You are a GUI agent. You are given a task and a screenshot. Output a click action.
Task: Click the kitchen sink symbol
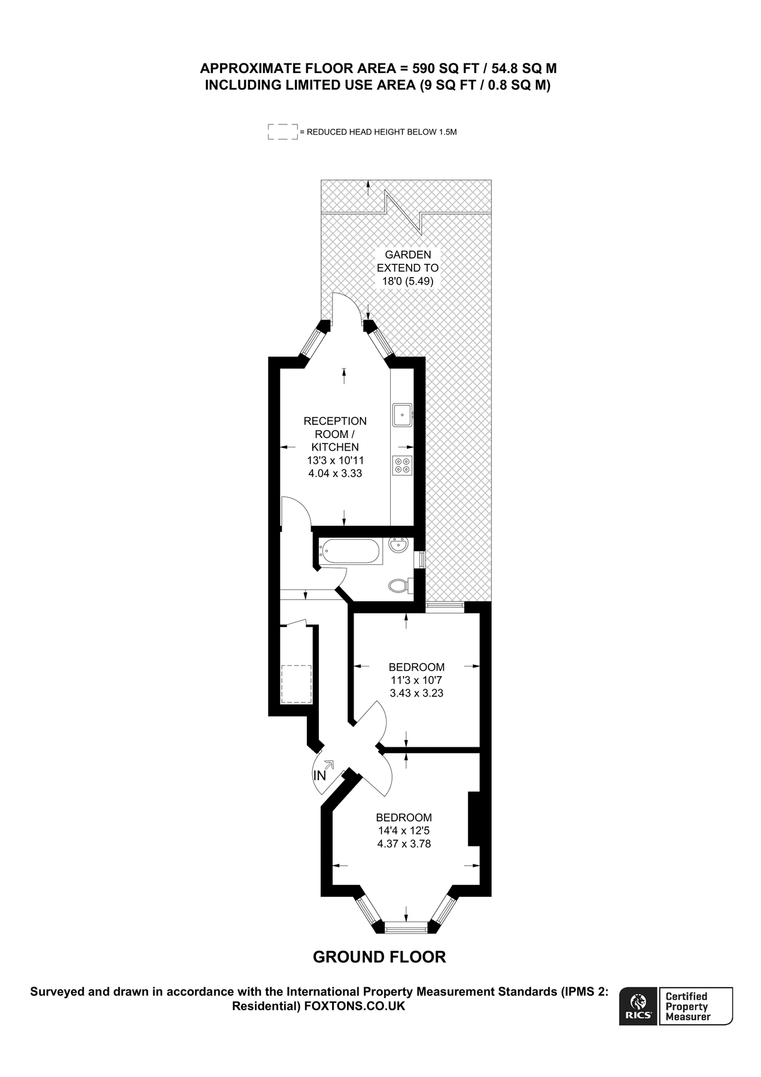[402, 415]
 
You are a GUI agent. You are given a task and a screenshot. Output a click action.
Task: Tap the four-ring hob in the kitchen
[402, 466]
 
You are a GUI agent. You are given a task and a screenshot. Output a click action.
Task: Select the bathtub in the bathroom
[350, 552]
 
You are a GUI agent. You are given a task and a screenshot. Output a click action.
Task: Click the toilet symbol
[398, 585]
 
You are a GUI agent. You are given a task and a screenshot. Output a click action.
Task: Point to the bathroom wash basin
[398, 546]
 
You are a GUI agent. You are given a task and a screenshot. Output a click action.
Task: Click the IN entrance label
[320, 775]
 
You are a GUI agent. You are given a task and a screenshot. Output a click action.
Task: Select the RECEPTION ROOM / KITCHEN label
[335, 434]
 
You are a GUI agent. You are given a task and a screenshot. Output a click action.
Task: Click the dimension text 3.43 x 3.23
[416, 693]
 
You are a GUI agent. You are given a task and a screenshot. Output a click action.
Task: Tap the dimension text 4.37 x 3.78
[404, 844]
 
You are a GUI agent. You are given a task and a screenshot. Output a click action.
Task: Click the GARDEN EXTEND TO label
[407, 261]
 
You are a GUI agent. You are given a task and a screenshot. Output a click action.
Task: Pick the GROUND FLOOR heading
[379, 957]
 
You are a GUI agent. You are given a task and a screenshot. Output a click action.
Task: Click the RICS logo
[638, 1006]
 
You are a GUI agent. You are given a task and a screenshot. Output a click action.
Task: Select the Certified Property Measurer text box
[695, 1006]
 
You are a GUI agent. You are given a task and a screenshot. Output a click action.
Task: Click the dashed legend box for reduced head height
[283, 132]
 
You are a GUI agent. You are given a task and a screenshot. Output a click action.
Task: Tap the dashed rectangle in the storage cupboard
[297, 684]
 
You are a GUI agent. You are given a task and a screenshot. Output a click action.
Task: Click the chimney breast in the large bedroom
[474, 819]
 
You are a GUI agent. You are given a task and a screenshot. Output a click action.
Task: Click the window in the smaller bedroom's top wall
[445, 607]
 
